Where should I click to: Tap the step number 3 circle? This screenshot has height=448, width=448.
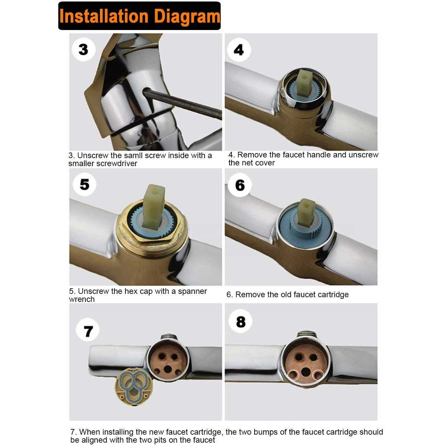pos(83,49)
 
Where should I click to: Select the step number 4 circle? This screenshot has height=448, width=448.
pos(239,50)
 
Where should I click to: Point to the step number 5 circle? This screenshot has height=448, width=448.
pos(84,184)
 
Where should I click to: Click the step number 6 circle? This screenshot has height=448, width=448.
pos(240,185)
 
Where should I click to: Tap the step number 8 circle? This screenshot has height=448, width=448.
pos(241,322)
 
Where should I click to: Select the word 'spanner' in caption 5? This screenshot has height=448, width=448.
pos(192,291)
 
